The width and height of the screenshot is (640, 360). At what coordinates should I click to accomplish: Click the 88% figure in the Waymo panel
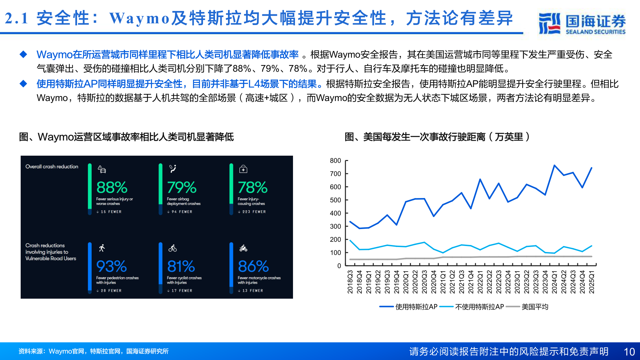112,187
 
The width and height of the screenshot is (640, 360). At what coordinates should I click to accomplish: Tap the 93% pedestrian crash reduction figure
111,266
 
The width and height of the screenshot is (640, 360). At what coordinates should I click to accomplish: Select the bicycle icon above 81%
173,248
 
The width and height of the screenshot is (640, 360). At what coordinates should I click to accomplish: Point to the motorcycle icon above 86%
243,248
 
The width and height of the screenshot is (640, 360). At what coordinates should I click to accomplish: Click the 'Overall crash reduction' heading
52,167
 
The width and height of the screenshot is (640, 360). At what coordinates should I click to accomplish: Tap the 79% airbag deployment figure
182,187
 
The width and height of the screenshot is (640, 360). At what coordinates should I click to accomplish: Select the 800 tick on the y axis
335,161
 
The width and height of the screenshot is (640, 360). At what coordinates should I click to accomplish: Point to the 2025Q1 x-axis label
592,282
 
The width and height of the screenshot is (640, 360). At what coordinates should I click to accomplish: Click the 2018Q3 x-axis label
350,282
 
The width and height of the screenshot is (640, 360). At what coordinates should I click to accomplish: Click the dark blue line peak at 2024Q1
554,165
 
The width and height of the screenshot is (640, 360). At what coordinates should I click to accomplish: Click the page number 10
629,352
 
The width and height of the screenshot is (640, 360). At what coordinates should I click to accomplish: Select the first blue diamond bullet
23,54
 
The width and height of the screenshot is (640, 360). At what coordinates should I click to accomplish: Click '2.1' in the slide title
17,18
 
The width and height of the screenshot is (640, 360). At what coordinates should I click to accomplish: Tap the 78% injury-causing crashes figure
252,187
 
